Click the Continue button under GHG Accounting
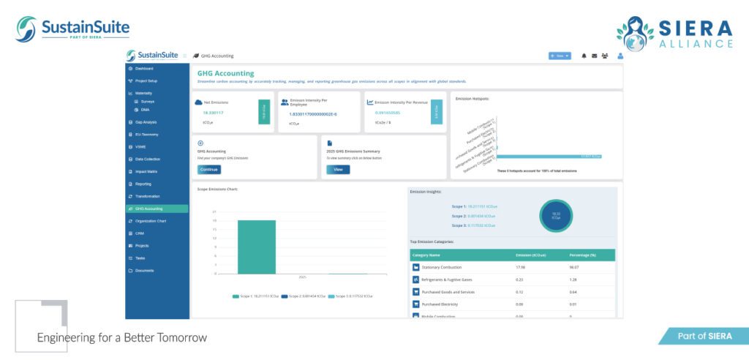point(209,169)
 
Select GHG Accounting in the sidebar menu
point(149,209)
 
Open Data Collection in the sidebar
point(148,159)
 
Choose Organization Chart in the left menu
point(151,221)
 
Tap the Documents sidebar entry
point(144,271)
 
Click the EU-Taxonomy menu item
point(146,135)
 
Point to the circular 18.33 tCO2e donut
point(556,216)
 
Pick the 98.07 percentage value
point(575,267)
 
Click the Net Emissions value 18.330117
point(214,113)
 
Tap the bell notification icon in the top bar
point(584,56)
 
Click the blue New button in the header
point(560,56)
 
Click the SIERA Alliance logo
point(674,33)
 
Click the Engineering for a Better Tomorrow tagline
point(122,337)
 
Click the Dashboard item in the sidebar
point(144,68)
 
